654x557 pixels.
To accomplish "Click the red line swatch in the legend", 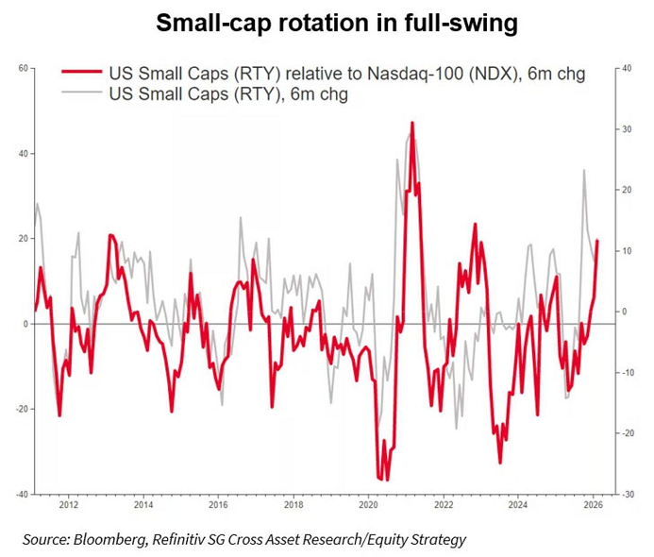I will [x=81, y=76].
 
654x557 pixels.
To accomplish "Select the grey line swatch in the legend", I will [x=81, y=94].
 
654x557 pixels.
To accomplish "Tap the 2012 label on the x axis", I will [x=68, y=505].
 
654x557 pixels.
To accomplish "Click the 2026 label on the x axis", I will [x=593, y=505].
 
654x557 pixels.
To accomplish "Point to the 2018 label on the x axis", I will [x=293, y=505].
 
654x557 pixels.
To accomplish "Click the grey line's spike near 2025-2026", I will [x=585, y=171].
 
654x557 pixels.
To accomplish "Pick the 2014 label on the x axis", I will [x=143, y=505].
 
